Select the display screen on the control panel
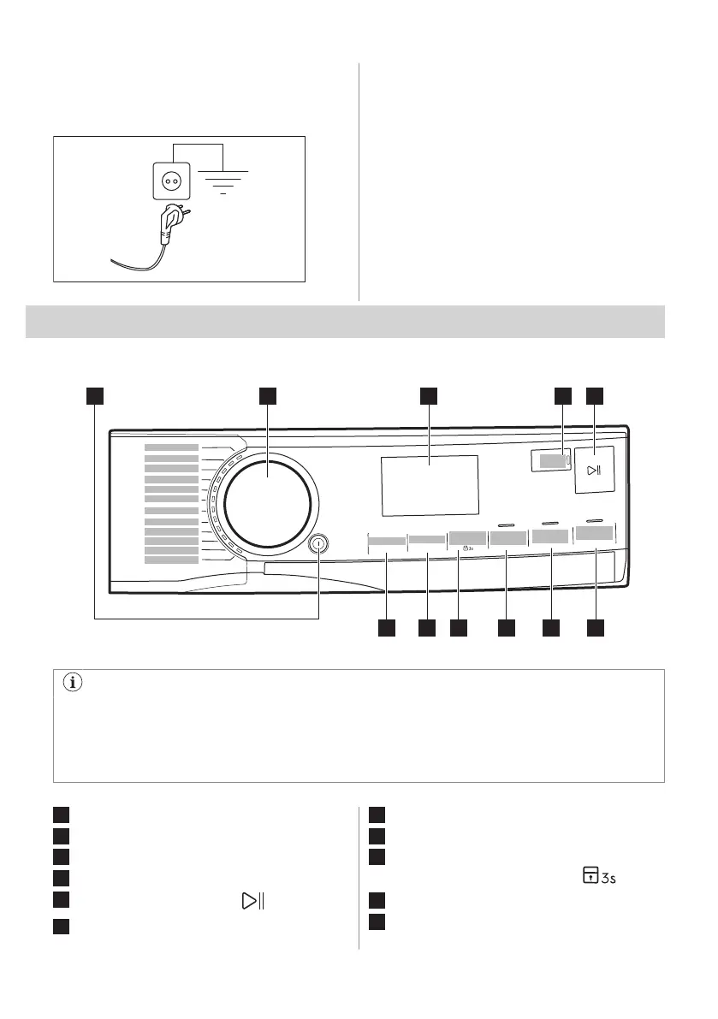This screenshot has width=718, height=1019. (429, 485)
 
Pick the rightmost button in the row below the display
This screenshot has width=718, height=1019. (595, 533)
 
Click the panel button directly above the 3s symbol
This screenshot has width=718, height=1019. (467, 540)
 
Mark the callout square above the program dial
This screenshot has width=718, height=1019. (268, 395)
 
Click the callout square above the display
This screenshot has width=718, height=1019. (429, 395)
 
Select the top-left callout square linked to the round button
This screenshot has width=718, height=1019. (94, 395)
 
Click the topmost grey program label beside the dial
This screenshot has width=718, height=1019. (171, 447)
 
